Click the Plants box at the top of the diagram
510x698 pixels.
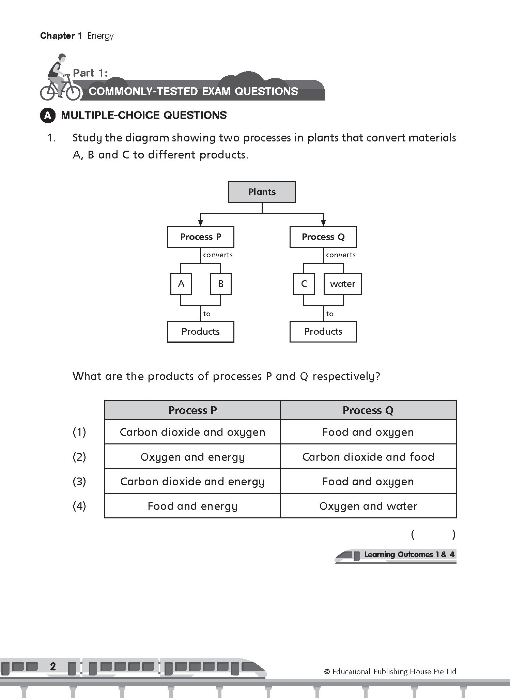click(x=262, y=192)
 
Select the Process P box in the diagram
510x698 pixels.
click(x=200, y=237)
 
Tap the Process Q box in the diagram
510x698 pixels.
click(x=323, y=237)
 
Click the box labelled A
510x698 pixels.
click(x=181, y=284)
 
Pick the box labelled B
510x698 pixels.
click(x=220, y=284)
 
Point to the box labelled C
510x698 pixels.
click(x=304, y=284)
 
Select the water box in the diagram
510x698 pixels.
click(x=342, y=284)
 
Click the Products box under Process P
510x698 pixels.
click(x=200, y=331)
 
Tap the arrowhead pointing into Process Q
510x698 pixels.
click(x=323, y=223)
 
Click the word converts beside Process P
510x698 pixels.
click(x=218, y=255)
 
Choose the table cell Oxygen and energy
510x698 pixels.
click(x=192, y=457)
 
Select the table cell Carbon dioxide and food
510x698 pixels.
click(x=368, y=457)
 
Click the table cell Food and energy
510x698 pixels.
click(x=192, y=506)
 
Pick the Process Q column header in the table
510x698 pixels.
click(x=368, y=410)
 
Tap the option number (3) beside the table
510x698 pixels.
click(x=79, y=482)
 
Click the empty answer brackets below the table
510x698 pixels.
click(x=433, y=534)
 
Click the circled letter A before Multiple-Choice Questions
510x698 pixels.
click(x=48, y=116)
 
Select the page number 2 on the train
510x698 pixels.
click(x=53, y=666)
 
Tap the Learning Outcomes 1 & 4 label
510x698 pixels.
click(x=409, y=555)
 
